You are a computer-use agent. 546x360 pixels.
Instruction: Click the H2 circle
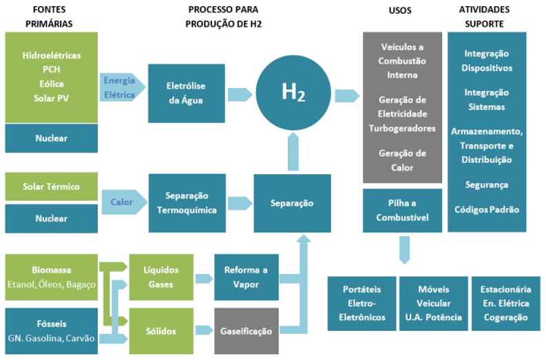(x=293, y=93)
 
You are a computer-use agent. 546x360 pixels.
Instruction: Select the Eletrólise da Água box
(x=187, y=94)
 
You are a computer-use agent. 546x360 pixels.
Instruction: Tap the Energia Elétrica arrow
(x=123, y=87)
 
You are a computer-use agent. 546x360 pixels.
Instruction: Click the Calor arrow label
(x=122, y=202)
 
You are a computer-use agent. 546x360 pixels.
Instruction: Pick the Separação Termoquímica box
(x=187, y=203)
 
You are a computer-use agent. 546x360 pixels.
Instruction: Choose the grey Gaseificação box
(x=246, y=331)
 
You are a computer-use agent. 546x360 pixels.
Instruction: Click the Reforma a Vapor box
(x=246, y=277)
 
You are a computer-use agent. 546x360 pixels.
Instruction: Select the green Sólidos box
(x=161, y=331)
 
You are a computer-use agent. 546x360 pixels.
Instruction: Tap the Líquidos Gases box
(x=161, y=277)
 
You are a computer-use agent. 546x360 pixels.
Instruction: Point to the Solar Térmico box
(x=51, y=187)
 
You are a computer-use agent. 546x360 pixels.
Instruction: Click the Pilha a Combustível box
(x=402, y=211)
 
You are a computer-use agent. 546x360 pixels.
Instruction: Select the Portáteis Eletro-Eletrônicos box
(x=361, y=304)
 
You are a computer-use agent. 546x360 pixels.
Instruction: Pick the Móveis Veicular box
(x=434, y=304)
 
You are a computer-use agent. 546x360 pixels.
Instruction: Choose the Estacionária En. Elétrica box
(x=506, y=304)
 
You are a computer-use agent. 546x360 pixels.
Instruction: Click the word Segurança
(x=487, y=185)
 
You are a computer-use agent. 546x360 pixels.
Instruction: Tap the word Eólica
(x=52, y=84)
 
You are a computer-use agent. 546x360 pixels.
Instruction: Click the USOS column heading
(x=400, y=10)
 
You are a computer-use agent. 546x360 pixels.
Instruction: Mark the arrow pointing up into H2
(x=293, y=151)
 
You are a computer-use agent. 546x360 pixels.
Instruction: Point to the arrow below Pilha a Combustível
(x=404, y=250)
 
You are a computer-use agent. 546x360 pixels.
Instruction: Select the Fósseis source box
(x=51, y=331)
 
